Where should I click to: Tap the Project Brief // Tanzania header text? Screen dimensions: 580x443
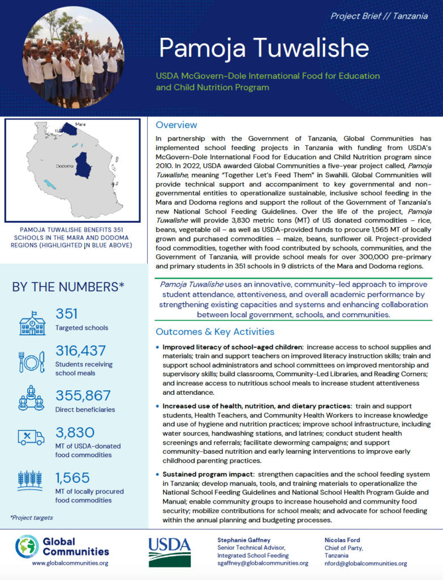click(379, 16)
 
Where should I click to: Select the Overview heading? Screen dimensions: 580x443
click(176, 125)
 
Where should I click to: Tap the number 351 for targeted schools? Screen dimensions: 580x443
click(67, 313)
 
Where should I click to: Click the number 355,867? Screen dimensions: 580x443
click(83, 395)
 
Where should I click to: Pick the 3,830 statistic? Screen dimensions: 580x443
click(75, 433)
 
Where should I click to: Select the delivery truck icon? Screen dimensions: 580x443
click(32, 437)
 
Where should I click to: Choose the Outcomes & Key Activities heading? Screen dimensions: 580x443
click(215, 331)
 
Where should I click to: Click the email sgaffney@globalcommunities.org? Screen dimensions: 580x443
click(263, 563)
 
